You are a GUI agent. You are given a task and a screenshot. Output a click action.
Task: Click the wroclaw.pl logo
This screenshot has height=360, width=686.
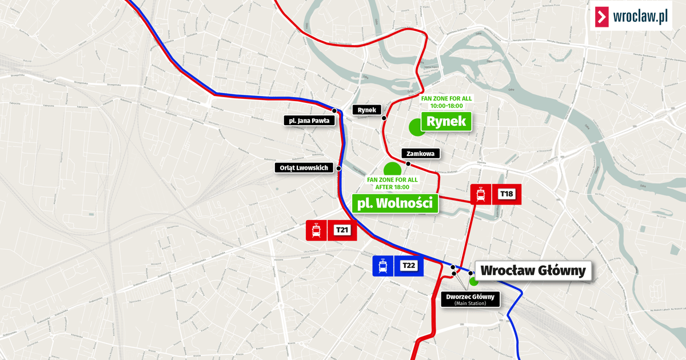click(x=632, y=16)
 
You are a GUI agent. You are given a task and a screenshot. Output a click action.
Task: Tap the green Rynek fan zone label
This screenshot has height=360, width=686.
click(x=446, y=121)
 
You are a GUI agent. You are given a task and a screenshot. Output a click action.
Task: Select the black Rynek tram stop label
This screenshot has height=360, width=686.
click(x=366, y=109)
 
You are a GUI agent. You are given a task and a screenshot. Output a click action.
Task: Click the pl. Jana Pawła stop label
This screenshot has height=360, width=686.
click(x=309, y=120)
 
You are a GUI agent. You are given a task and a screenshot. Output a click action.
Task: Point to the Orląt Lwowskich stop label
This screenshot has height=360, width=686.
click(x=304, y=168)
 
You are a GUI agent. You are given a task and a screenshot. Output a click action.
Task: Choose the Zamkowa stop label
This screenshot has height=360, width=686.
click(x=421, y=153)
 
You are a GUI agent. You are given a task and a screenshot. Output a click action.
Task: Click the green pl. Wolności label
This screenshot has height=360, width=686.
click(x=394, y=203)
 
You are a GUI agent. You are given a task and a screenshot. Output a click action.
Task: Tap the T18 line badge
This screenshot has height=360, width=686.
click(x=506, y=194)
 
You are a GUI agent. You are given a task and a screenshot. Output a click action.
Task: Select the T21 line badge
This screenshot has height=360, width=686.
click(x=342, y=230)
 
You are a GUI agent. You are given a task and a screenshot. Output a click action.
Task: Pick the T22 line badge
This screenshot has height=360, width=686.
click(x=408, y=266)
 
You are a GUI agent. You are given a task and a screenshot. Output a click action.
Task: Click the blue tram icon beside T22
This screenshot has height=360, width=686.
click(x=383, y=266)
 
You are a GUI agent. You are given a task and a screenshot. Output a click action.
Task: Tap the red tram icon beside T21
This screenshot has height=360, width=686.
click(x=316, y=230)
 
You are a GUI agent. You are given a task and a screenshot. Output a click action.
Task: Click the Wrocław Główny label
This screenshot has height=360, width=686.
click(x=533, y=271)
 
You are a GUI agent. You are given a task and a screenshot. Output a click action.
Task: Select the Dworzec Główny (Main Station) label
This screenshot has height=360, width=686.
click(x=470, y=299)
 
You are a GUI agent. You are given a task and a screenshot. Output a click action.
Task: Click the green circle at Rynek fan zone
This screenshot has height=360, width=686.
click(x=416, y=127)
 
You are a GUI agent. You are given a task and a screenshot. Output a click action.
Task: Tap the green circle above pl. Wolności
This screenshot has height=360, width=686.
click(x=392, y=169)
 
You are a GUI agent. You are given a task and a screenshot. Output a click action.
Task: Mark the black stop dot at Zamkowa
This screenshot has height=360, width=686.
click(x=408, y=164)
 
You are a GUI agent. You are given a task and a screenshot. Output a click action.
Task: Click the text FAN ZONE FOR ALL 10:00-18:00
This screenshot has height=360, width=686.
click(x=446, y=102)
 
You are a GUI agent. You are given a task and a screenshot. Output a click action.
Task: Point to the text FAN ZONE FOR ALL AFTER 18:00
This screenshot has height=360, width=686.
click(x=392, y=183)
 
